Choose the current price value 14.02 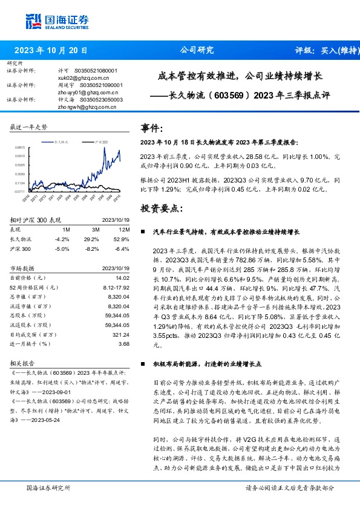pos(123,277)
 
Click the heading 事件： pos(152,128)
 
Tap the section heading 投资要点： pos(162,209)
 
